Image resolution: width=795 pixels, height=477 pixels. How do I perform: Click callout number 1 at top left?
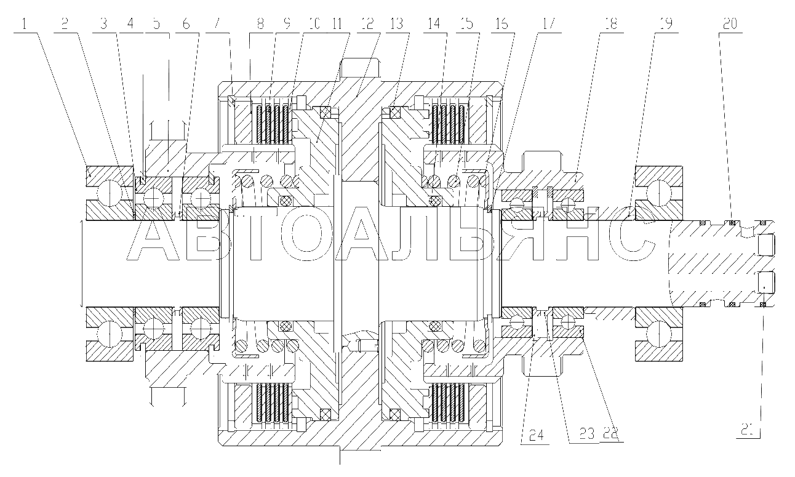click(24, 24)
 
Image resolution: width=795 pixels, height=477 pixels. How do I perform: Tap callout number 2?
click(65, 24)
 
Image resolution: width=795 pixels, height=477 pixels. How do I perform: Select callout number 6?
click(186, 24)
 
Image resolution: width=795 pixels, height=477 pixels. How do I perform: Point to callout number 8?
click(260, 24)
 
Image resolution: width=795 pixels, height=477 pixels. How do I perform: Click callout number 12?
click(367, 24)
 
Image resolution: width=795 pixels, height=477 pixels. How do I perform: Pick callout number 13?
click(397, 24)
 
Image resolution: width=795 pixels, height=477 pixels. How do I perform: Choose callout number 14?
click(434, 24)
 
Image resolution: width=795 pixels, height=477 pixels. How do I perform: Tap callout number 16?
click(501, 24)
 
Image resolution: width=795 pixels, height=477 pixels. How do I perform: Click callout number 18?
click(611, 24)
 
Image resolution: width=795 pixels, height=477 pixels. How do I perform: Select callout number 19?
click(666, 24)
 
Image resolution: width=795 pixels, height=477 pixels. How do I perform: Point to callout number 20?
click(730, 24)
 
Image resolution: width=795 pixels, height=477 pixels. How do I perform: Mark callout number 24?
click(537, 435)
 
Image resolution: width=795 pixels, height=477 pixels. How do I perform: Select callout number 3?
click(103, 24)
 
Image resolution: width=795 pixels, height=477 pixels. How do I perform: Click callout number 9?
click(287, 24)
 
